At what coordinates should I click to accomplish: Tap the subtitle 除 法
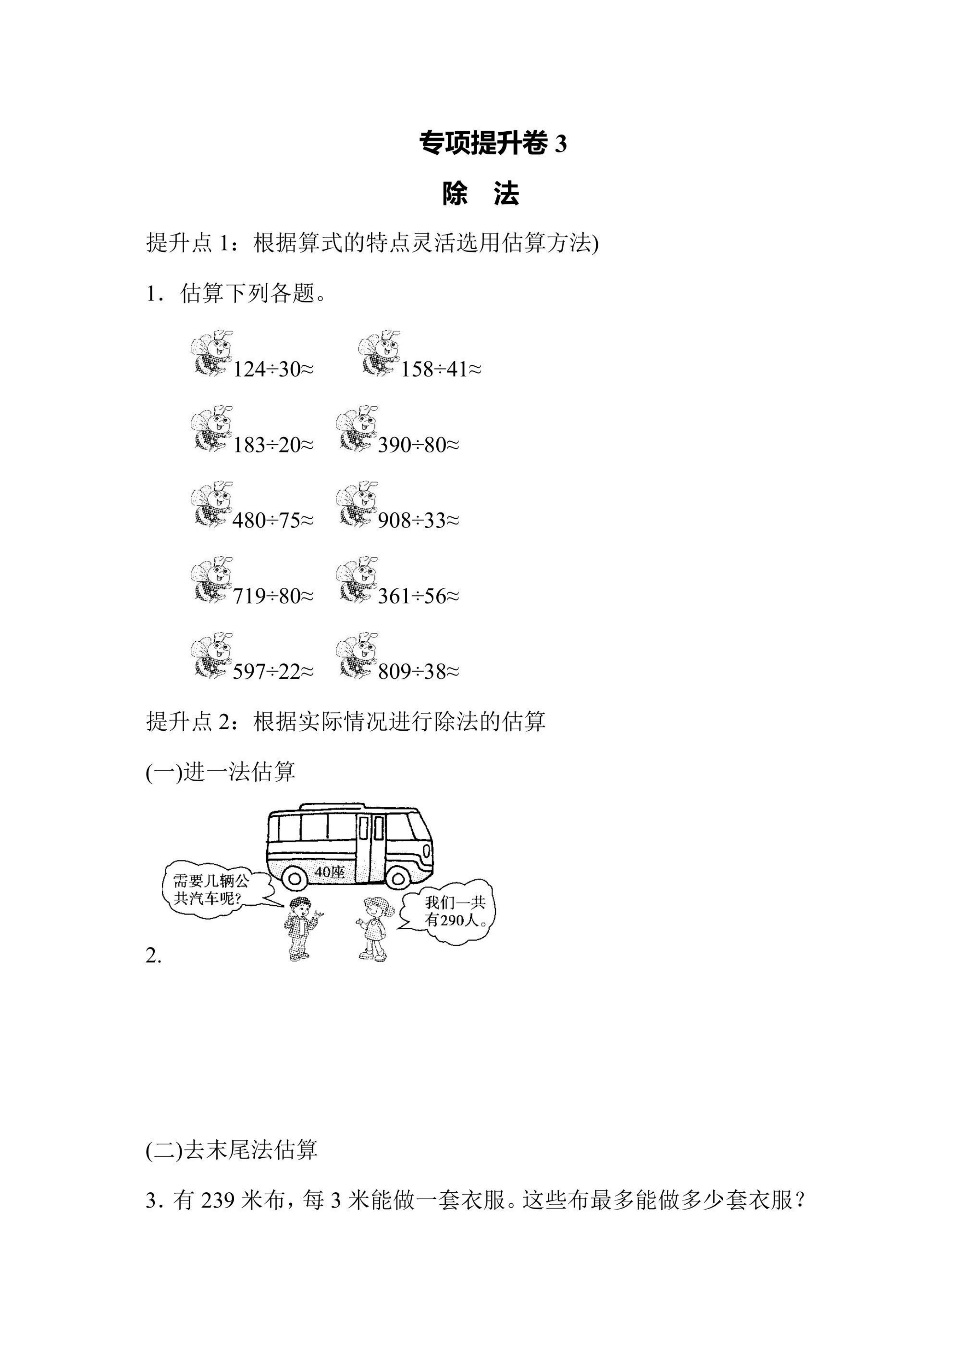480,194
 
